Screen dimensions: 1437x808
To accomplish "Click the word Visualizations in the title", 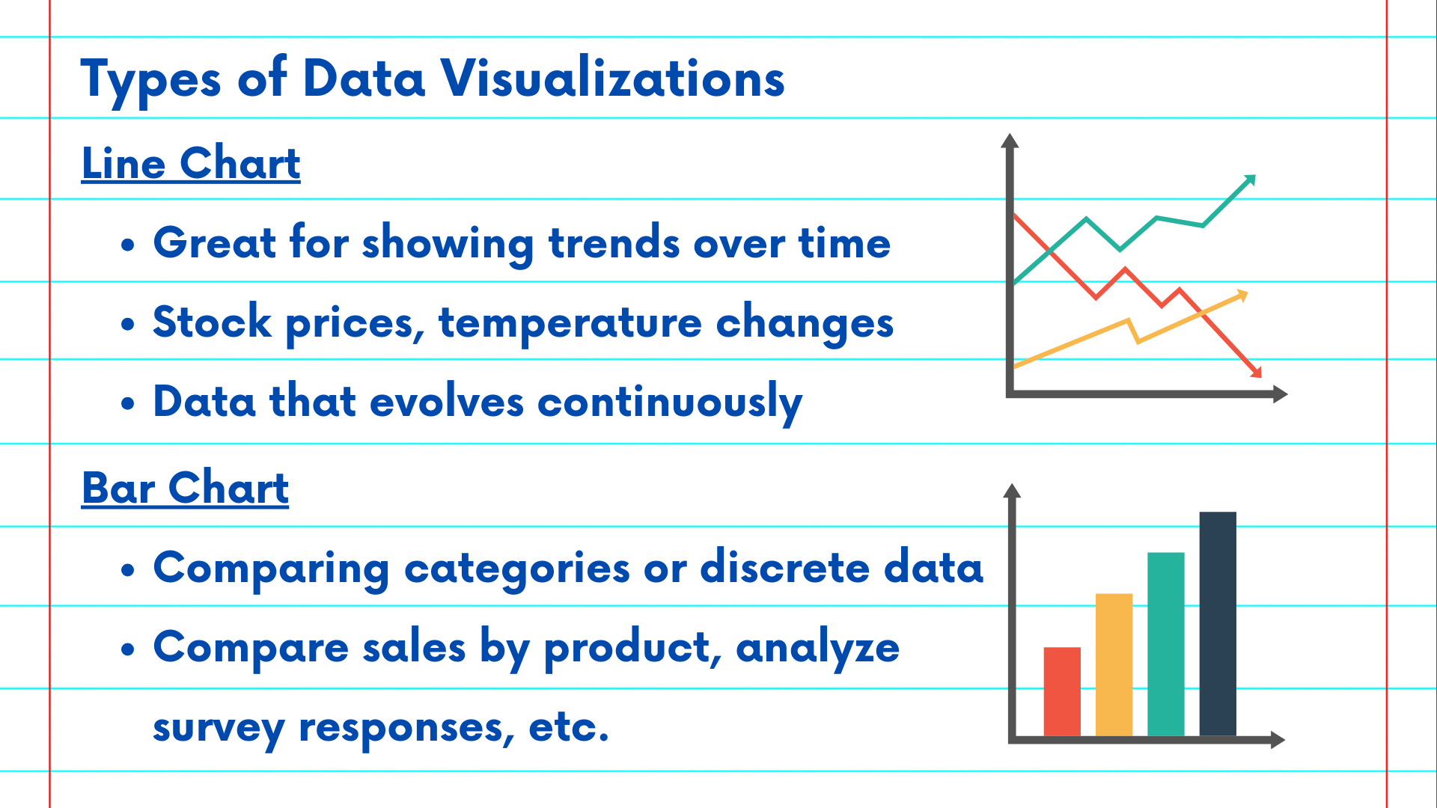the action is (x=612, y=78).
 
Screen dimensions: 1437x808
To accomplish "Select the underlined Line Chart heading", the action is (x=191, y=164).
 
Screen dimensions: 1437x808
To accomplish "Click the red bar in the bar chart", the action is (x=1062, y=691).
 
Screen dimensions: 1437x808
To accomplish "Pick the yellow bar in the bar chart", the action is (x=1114, y=664).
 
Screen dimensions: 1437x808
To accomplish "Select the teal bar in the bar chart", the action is (x=1166, y=644).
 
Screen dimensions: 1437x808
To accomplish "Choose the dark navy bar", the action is (x=1218, y=624).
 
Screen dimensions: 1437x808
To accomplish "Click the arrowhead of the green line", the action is (x=1249, y=180).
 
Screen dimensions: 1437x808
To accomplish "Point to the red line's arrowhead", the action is (x=1256, y=371).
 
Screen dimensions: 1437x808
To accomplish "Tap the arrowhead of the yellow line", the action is (x=1242, y=296).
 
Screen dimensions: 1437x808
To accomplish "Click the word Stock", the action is (x=212, y=322).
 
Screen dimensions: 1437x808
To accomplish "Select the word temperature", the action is (x=570, y=324).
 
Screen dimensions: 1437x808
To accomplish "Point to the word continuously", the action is (x=670, y=403).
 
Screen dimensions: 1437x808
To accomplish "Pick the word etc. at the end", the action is (x=569, y=727).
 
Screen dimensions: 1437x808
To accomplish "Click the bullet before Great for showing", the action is (x=128, y=245).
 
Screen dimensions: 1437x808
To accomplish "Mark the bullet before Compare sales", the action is (x=128, y=649).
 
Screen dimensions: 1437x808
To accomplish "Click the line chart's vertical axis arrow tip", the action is (x=1010, y=135).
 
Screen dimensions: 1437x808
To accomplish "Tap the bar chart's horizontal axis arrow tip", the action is (x=1284, y=740).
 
